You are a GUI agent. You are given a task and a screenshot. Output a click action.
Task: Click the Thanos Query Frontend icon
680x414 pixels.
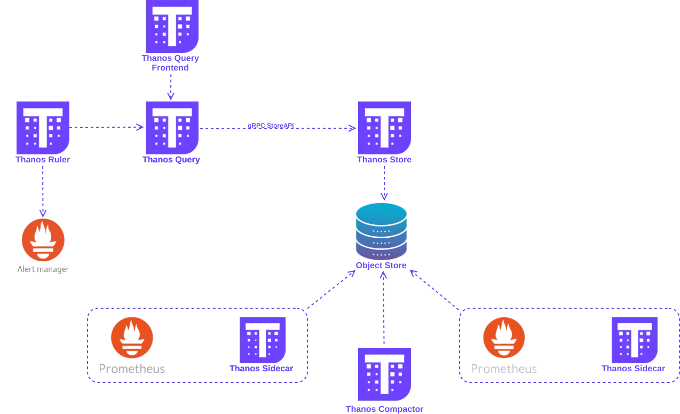point(172,25)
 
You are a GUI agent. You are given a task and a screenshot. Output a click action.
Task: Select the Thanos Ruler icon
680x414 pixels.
point(43,127)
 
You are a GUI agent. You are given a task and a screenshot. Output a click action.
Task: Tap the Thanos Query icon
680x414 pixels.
point(172,127)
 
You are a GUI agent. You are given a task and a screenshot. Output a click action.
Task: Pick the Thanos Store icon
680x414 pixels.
point(384,127)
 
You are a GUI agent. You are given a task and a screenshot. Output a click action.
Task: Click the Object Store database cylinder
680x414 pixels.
point(381,230)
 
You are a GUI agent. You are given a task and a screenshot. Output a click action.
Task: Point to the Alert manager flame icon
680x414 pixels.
point(43,240)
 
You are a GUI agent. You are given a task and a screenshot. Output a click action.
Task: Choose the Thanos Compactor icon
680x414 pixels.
point(384,374)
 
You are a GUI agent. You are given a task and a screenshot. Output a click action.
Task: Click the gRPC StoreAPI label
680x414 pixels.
point(271,126)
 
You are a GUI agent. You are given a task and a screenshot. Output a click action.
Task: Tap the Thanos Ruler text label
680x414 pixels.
point(43,160)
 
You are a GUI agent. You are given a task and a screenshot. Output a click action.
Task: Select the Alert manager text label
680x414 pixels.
point(43,269)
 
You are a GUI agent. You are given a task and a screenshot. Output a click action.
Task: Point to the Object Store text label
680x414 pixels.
point(381,265)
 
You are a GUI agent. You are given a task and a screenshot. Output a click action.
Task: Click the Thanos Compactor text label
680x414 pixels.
point(384,409)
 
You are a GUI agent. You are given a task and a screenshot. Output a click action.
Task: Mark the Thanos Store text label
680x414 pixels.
point(384,160)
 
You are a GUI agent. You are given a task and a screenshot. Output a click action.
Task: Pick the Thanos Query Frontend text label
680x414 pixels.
point(171,63)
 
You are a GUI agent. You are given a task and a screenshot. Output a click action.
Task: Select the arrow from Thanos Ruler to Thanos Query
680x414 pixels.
point(107,128)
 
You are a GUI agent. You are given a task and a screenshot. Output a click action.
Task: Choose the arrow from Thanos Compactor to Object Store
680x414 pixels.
point(383,310)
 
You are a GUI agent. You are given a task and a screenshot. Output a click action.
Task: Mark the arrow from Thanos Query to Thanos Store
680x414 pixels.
point(320,128)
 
